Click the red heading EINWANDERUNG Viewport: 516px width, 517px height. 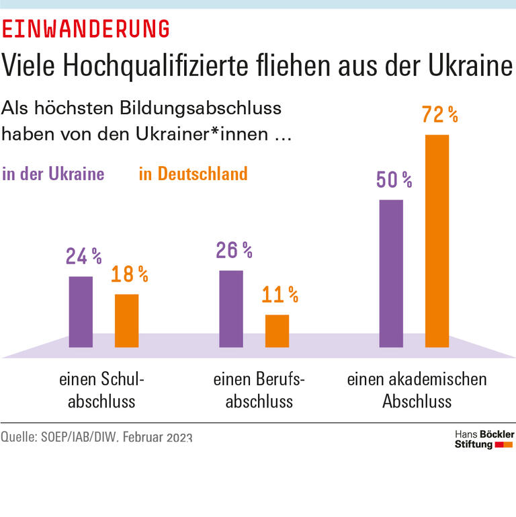tap(85, 29)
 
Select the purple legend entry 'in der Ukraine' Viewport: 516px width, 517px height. tap(54, 174)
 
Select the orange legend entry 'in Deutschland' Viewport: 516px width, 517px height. tap(193, 174)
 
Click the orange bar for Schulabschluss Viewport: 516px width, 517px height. tap(126, 320)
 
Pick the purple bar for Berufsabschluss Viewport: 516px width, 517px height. tap(231, 309)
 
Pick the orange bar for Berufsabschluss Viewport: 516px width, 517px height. tap(277, 330)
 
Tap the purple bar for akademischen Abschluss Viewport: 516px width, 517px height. tap(391, 273)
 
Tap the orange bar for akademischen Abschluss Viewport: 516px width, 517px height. tap(437, 241)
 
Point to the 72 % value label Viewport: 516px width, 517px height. tap(439, 115)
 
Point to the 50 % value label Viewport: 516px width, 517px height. tap(394, 180)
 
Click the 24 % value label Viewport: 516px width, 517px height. tap(84, 257)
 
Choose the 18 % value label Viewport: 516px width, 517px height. tap(130, 274)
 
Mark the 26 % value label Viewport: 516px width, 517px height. tap(234, 251)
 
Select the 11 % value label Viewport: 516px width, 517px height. tap(279, 294)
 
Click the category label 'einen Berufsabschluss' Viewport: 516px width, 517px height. tap(259, 391)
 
